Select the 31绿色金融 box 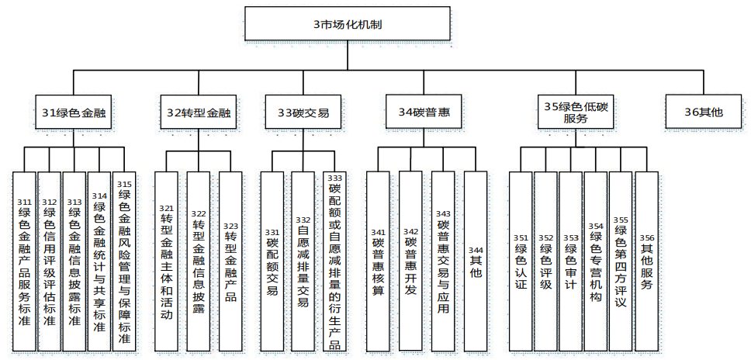[74, 112]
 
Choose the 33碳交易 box [303, 112]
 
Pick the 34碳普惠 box [424, 112]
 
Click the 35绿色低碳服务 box [576, 112]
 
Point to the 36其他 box [703, 112]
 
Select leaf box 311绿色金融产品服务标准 [25, 260]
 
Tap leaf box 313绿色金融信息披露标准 [74, 260]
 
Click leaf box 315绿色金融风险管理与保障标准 [124, 260]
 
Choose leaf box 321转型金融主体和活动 [166, 260]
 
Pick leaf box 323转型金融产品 [230, 260]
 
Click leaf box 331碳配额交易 [272, 260]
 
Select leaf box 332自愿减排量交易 [303, 260]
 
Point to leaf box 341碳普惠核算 [378, 260]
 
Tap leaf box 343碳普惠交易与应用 [443, 260]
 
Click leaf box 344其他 [476, 260]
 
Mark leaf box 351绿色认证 [521, 260]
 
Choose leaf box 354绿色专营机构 [595, 260]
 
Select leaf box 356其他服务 [646, 260]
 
